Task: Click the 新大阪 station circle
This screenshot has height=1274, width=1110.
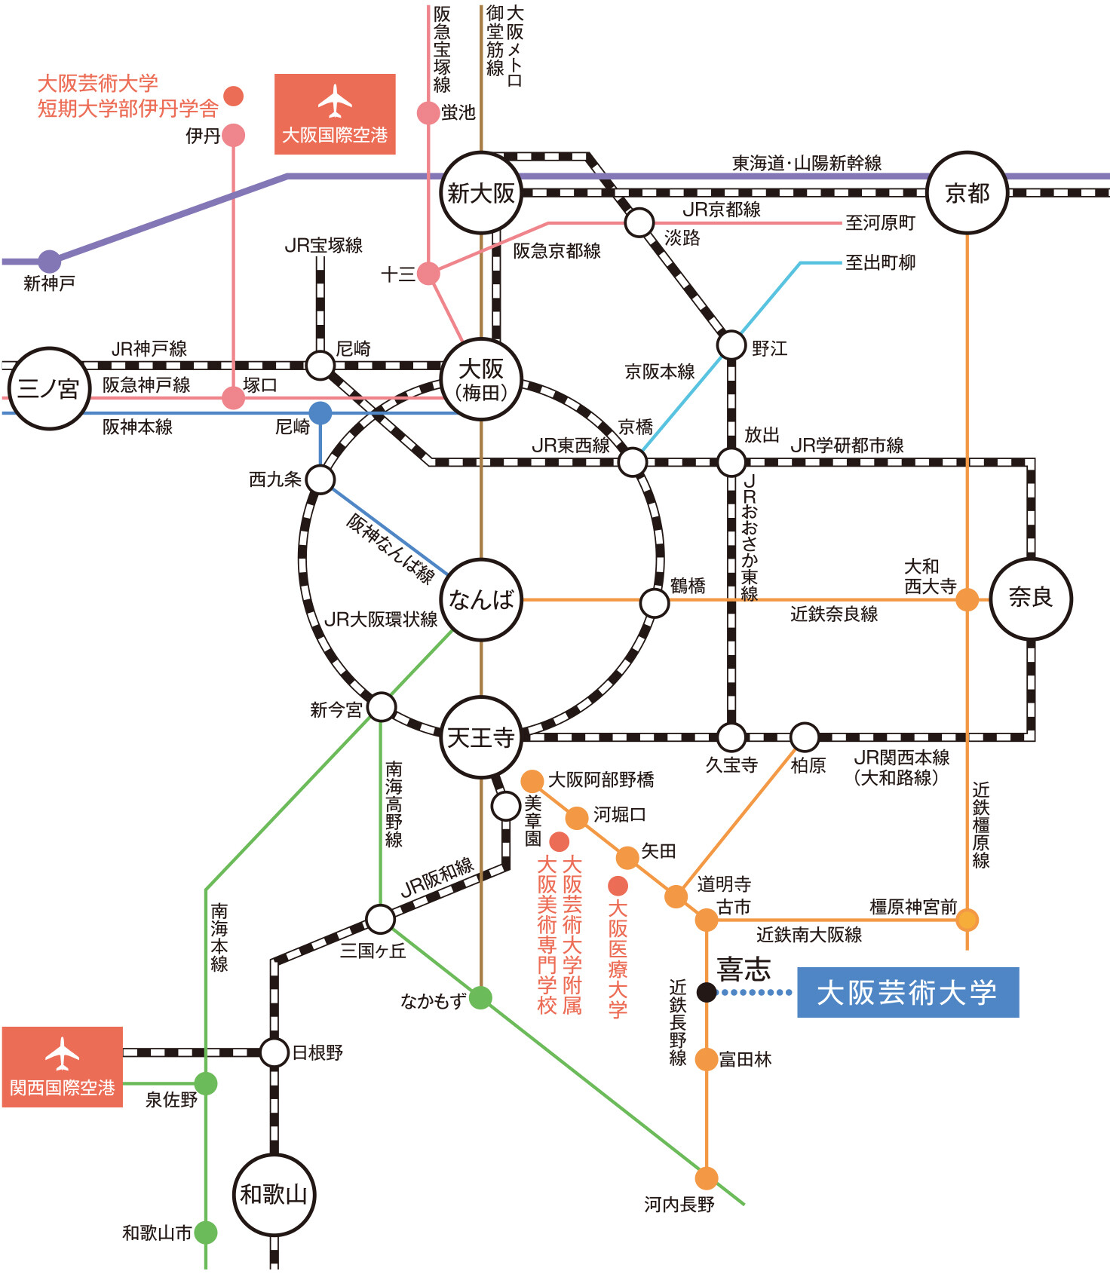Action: click(x=481, y=193)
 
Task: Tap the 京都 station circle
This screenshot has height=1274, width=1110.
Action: click(x=967, y=193)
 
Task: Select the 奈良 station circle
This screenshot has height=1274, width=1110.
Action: click(x=1031, y=599)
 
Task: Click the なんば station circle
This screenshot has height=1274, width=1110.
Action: click(x=481, y=600)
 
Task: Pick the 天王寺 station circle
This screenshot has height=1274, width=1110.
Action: click(x=481, y=737)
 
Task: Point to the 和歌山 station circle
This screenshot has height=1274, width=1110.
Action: click(x=274, y=1194)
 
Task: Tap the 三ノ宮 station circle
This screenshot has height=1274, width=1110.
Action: click(x=49, y=389)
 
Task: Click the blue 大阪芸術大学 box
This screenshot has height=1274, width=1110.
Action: click(x=908, y=992)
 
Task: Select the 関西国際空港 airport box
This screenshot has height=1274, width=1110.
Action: click(x=63, y=1067)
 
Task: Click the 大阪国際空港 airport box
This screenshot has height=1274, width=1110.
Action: click(x=335, y=115)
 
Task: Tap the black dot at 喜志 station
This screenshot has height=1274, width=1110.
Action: click(x=707, y=992)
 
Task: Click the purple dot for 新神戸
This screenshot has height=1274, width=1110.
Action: click(x=50, y=262)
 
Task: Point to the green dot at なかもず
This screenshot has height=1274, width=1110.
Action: click(x=480, y=998)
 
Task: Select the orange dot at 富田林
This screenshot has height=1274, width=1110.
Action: click(x=707, y=1059)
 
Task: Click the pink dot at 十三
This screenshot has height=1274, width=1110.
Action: click(x=428, y=274)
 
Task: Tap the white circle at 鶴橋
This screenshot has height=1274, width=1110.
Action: click(x=654, y=603)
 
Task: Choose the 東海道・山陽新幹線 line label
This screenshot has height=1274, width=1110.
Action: click(x=806, y=163)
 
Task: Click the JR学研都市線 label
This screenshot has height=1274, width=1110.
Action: click(x=847, y=446)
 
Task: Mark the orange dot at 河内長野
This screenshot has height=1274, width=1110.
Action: click(x=707, y=1178)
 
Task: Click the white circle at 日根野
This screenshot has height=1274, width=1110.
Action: click(x=274, y=1052)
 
